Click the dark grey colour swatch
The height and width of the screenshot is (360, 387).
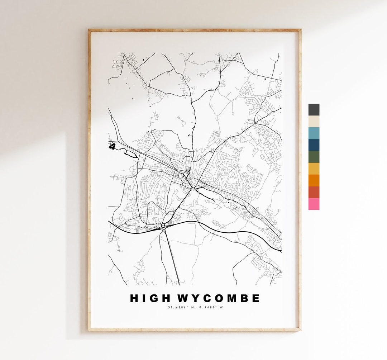click(314, 110)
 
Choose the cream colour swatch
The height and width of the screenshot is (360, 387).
click(314, 122)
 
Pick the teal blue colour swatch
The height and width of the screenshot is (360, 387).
click(314, 133)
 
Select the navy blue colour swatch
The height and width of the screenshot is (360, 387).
click(314, 145)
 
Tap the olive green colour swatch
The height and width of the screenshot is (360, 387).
click(314, 157)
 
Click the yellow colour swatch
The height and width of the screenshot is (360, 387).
click(314, 169)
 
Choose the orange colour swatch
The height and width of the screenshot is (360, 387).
click(314, 180)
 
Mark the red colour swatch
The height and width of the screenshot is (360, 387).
click(314, 192)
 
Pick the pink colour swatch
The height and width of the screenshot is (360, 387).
click(314, 204)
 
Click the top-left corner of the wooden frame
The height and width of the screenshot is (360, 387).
click(90, 30)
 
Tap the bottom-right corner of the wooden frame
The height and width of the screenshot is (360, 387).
click(300, 330)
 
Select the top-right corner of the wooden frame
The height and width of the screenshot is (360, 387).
click(300, 30)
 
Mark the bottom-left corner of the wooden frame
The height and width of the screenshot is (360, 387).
click(90, 330)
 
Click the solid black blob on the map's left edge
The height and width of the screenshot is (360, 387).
click(113, 146)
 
